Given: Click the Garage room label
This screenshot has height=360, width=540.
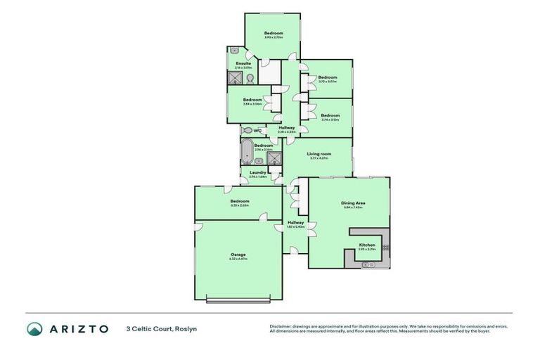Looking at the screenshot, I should coord(238,254).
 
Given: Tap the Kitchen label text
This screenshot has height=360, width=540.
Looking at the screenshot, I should coord(367,245).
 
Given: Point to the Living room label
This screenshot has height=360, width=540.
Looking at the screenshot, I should coord(319,153).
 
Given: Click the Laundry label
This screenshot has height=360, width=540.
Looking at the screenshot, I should coord(257,172).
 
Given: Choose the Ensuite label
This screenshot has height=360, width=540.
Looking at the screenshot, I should coord(243,63).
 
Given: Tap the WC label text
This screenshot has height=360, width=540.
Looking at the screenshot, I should coord(257,130).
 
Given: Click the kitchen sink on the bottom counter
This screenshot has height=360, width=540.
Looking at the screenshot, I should coord(366,264).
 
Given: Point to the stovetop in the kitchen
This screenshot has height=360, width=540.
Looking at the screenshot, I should coord(385,246).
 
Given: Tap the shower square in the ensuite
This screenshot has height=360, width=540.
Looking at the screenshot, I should coord(234,77).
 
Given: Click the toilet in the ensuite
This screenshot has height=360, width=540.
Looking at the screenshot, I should coord(249,77).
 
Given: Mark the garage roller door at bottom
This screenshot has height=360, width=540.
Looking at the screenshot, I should coord(238,301).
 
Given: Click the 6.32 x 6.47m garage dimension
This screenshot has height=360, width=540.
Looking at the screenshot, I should coord(238,259).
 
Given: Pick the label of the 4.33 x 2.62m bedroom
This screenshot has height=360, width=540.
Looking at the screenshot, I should coord(239,200).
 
